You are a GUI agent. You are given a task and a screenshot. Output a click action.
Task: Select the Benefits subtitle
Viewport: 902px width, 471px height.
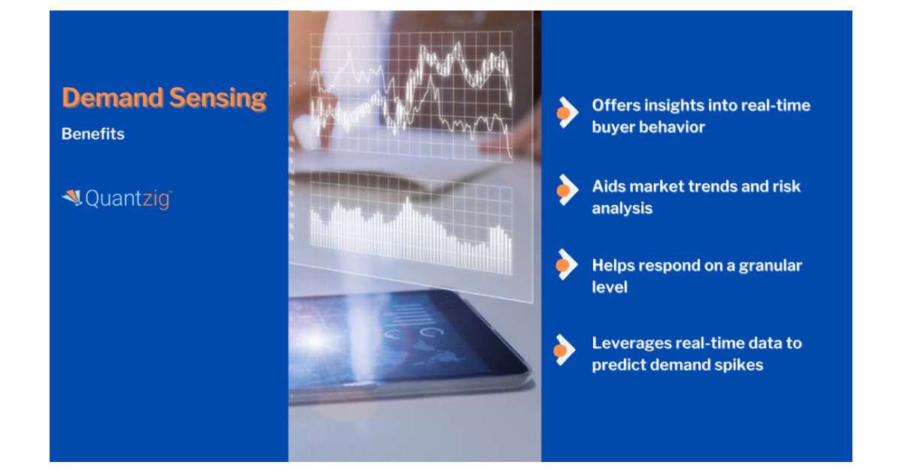point(93,134)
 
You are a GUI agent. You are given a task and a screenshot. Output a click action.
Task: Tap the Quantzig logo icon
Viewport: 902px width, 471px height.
point(72,198)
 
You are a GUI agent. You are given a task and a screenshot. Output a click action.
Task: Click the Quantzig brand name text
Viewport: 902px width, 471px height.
point(129,199)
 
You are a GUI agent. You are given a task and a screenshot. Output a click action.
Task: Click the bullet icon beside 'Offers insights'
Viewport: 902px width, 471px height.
point(566,113)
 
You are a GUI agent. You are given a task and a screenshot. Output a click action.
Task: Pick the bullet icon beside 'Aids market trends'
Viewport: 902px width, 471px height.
point(566,191)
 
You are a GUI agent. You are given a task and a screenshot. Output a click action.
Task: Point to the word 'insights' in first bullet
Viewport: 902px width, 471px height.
point(668,105)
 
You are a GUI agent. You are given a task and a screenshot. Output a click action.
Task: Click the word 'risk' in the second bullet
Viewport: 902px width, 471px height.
point(785,186)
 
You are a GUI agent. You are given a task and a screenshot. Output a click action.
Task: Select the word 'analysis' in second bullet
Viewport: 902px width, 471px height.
point(622,208)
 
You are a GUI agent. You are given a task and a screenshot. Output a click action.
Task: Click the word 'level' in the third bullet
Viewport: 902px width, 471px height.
point(609,287)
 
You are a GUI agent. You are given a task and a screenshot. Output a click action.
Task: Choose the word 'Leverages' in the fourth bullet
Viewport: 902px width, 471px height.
point(632,343)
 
